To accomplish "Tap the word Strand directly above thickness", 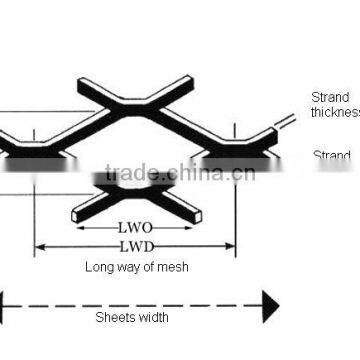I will pos(329,98).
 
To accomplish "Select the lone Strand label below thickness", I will pos(332,155).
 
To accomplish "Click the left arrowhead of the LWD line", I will pos(40,245).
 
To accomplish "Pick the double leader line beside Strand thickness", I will pos(288,119).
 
